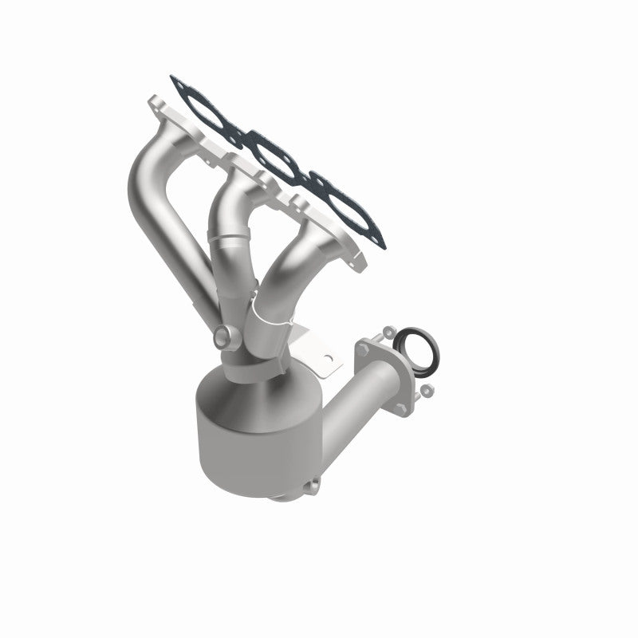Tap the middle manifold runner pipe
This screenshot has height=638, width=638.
(228, 215)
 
